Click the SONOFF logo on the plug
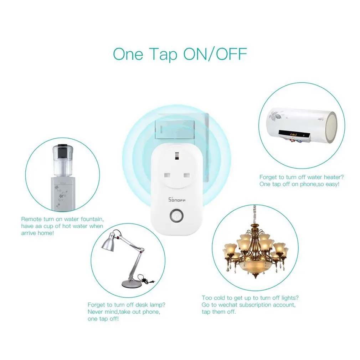[x=177, y=200]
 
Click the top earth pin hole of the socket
[x=177, y=156]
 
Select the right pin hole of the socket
[x=187, y=176]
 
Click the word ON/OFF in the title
[x=215, y=54]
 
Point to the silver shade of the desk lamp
[x=109, y=243]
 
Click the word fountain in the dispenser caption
[x=92, y=219]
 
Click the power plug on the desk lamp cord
[x=150, y=281]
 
